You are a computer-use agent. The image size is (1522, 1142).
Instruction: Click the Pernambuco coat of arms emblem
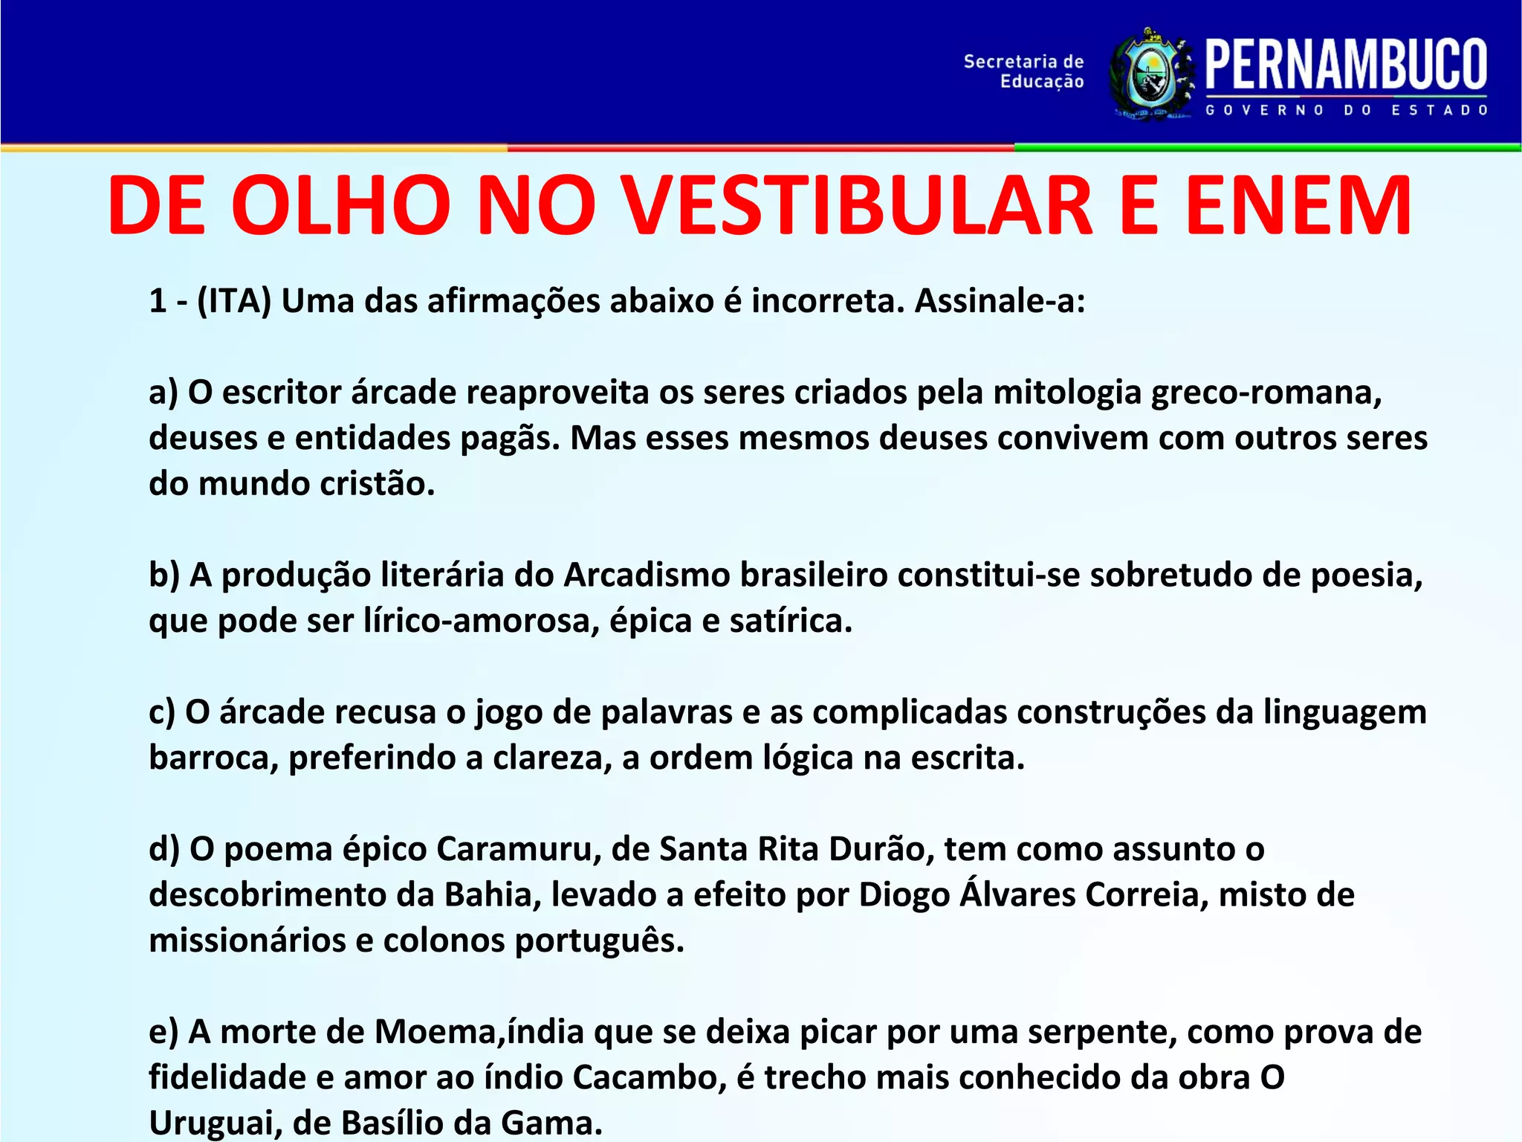1152,74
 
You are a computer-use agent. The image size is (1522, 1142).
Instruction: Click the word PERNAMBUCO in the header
1346,65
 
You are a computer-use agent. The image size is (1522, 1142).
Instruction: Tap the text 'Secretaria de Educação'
1023,71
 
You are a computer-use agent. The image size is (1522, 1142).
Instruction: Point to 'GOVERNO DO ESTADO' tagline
1346,110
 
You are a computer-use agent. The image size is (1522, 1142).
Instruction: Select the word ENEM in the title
1298,206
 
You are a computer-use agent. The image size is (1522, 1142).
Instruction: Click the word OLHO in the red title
342,206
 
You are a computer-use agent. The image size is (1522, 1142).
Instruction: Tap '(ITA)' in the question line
234,301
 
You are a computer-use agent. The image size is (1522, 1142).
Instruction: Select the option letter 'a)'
163,393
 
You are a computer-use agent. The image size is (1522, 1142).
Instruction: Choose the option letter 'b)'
164,575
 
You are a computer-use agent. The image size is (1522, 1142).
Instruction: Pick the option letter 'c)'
162,712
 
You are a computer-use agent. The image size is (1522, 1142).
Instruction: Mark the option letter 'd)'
164,849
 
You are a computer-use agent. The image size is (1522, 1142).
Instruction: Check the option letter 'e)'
163,1032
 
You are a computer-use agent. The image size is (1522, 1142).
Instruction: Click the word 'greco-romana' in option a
1266,393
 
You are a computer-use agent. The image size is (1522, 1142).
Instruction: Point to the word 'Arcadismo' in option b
647,575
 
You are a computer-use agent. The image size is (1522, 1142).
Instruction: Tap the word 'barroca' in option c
213,758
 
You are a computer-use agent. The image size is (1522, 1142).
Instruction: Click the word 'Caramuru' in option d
518,849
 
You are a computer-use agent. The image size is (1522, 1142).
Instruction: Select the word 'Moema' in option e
438,1032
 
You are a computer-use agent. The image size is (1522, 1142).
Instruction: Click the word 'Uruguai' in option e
215,1123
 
